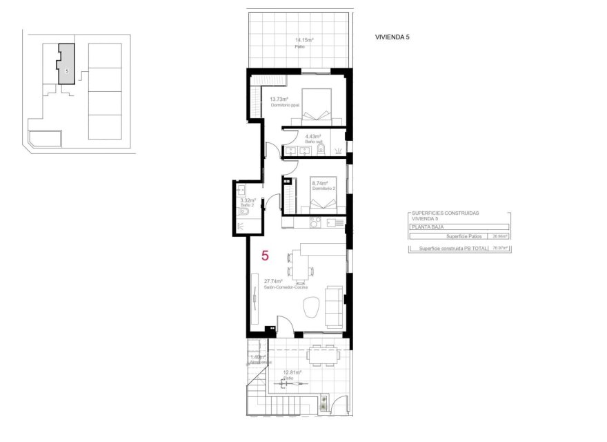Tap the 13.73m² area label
coord(279,99)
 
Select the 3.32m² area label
coord(248,201)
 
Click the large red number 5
coord(265,256)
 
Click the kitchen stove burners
coord(314,222)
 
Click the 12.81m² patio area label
coord(291,374)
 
